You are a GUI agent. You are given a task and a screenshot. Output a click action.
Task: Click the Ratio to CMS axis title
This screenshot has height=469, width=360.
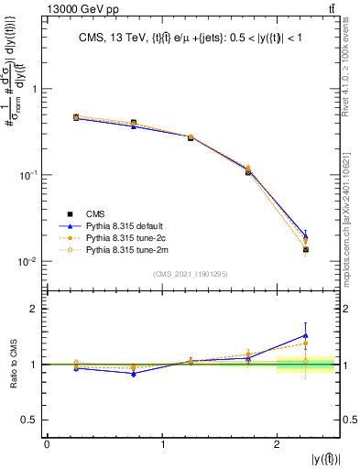pyautogui.click(x=12, y=365)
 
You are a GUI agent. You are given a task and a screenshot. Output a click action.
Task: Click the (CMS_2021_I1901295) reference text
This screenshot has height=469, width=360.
pyautogui.click(x=191, y=273)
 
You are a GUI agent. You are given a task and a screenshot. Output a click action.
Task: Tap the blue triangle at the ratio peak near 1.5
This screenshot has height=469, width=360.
pyautogui.click(x=306, y=335)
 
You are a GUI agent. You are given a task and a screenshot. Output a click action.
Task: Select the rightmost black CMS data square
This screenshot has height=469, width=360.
pyautogui.click(x=306, y=249)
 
